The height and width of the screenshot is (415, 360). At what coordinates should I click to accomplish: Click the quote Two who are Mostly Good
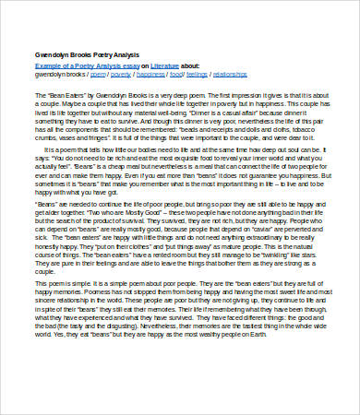click(121, 237)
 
